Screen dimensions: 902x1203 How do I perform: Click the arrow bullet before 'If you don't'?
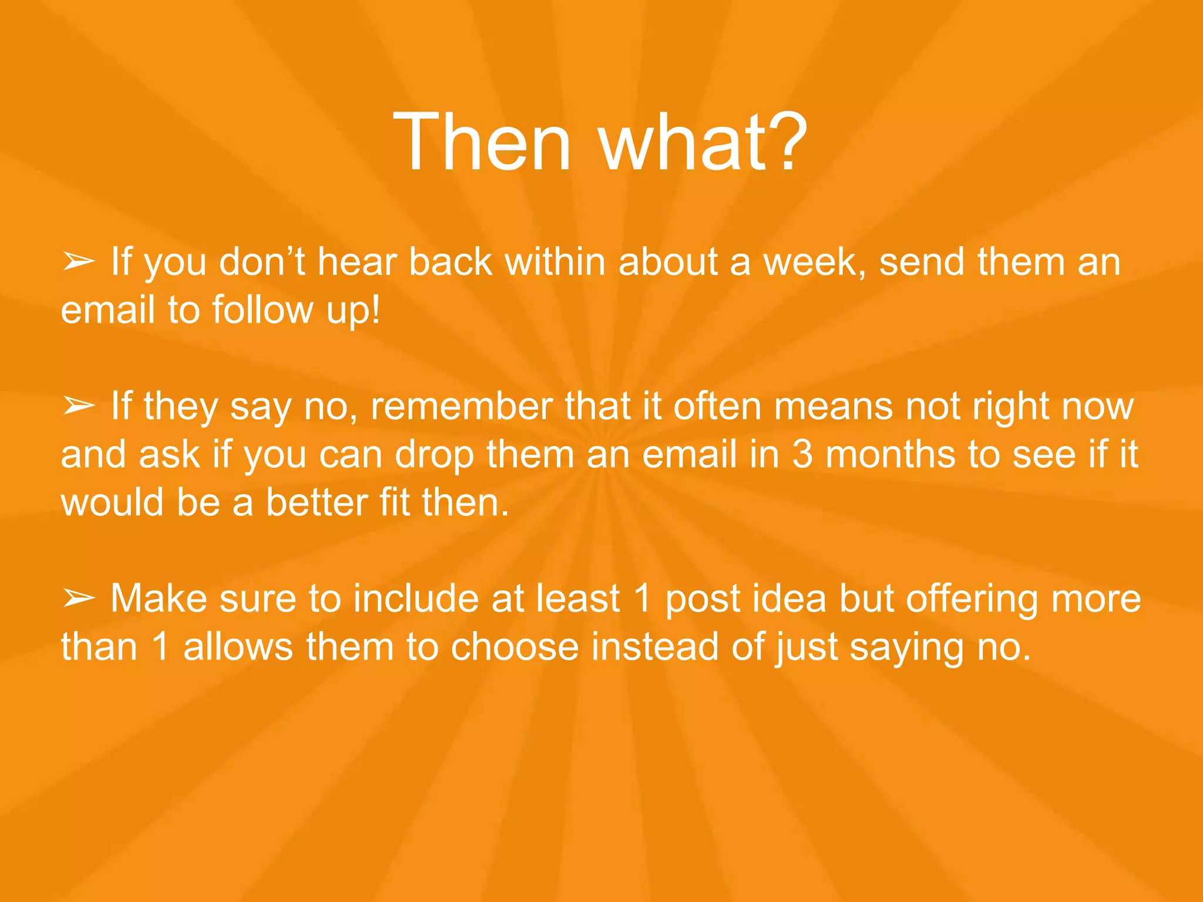pyautogui.click(x=79, y=262)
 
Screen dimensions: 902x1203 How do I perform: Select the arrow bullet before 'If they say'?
pyautogui.click(x=79, y=406)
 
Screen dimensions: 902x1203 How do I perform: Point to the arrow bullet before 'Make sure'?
pyautogui.click(x=79, y=598)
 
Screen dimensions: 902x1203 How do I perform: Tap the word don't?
pyautogui.click(x=262, y=262)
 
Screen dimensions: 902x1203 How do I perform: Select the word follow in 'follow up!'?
pyautogui.click(x=263, y=310)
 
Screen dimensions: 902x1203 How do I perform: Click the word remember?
pyautogui.click(x=461, y=406)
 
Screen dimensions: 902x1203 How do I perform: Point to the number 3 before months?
pyautogui.click(x=802, y=455)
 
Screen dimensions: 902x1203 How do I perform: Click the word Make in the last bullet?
pyautogui.click(x=159, y=598)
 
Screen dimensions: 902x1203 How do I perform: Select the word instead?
pyautogui.click(x=654, y=647)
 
